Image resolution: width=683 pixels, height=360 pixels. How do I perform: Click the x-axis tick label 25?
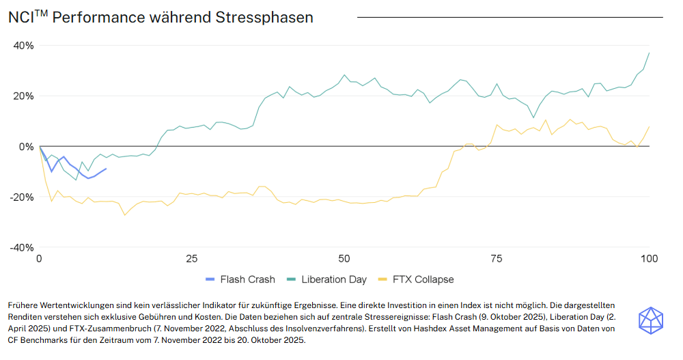click(191, 259)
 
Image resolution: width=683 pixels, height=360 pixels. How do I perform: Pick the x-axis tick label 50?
click(344, 259)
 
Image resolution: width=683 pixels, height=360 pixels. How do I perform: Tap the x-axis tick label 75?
click(496, 259)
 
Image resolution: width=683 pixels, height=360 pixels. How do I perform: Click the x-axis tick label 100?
click(648, 259)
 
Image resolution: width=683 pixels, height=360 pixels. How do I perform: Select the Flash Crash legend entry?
click(240, 279)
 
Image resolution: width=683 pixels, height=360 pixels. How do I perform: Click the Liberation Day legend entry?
click(326, 279)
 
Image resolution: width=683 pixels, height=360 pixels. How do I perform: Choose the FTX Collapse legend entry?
click(416, 279)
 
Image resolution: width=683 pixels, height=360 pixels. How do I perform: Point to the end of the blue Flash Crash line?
click(106, 169)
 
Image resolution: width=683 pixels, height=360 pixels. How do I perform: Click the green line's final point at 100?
click(649, 53)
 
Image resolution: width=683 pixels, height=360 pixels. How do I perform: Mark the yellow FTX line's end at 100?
click(649, 126)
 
